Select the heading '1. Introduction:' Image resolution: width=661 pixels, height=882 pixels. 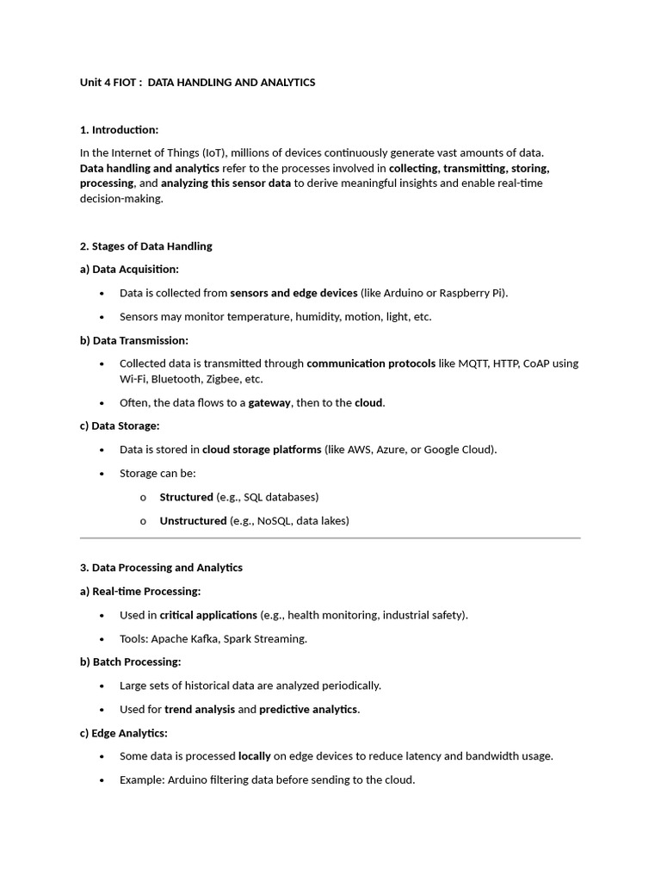click(119, 130)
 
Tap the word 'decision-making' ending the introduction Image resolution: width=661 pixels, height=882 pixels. click(120, 199)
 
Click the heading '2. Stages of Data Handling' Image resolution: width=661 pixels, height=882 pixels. click(145, 246)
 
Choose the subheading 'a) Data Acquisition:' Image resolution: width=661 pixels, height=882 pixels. click(129, 270)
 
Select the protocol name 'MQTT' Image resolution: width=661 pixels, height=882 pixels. click(474, 363)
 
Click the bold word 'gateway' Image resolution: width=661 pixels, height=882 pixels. click(270, 403)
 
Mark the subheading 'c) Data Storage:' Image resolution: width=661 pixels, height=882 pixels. click(120, 426)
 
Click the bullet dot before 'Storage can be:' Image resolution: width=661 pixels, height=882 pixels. click(102, 474)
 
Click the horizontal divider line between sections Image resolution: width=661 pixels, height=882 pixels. click(330, 538)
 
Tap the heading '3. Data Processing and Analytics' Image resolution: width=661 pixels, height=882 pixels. click(161, 568)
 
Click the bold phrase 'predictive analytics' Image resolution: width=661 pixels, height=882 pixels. click(308, 710)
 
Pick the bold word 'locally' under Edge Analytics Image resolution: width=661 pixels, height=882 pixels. click(254, 756)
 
